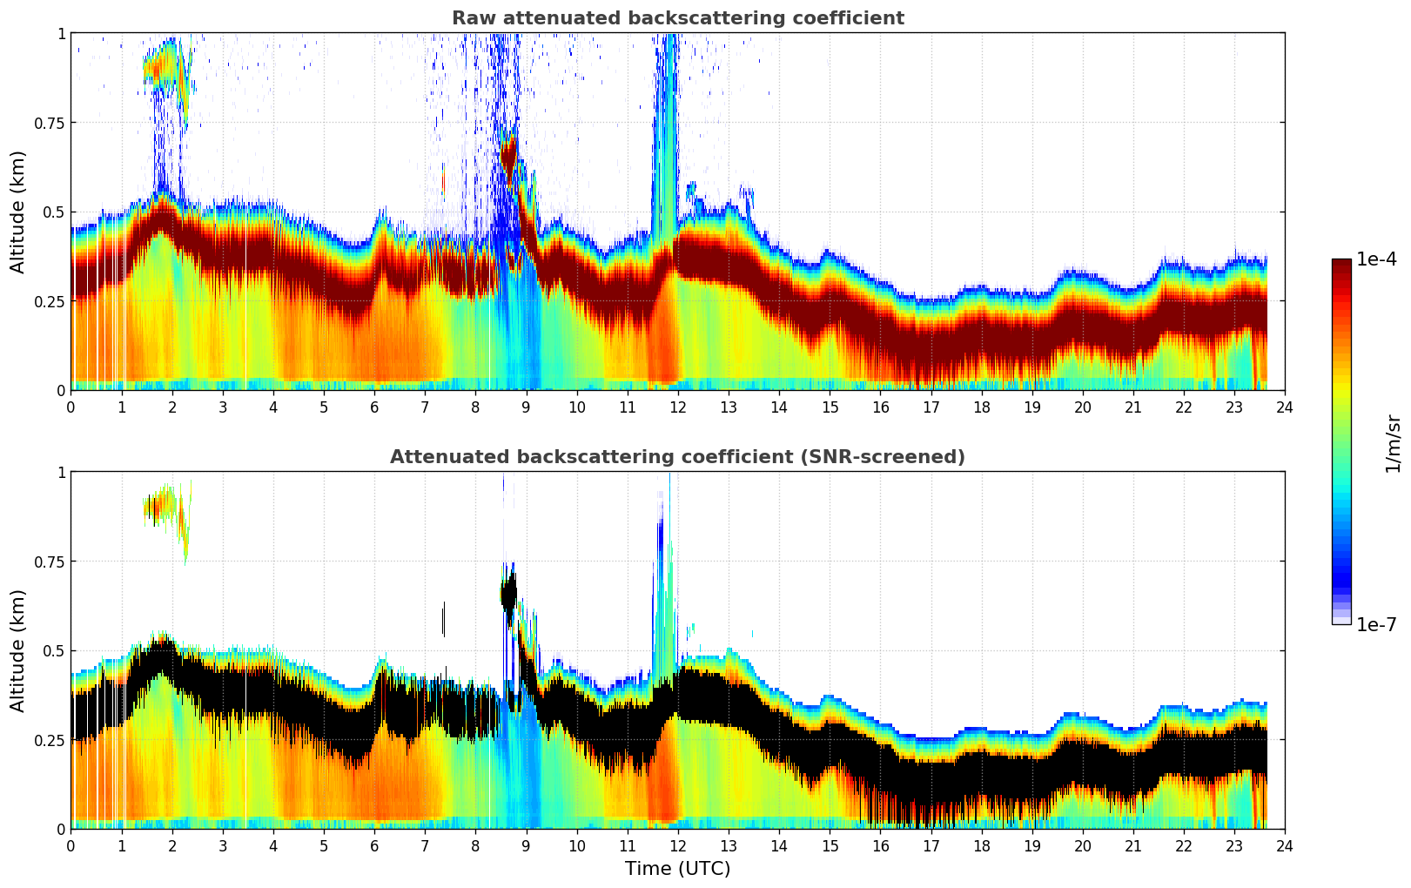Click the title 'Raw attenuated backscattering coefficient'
click(x=677, y=18)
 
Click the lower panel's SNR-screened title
click(x=677, y=457)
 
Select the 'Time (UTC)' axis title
click(x=677, y=869)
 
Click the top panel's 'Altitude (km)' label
click(x=18, y=212)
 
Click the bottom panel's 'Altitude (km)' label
click(x=18, y=650)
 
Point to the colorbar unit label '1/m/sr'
click(x=1393, y=442)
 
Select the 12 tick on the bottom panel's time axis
click(x=678, y=846)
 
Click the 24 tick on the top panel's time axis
click(x=1285, y=407)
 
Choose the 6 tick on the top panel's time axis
click(x=374, y=407)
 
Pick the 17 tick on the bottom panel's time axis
click(x=931, y=846)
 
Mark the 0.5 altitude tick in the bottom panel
click(x=53, y=650)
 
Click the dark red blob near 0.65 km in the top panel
click(x=509, y=157)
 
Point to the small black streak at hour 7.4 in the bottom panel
click(x=444, y=619)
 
